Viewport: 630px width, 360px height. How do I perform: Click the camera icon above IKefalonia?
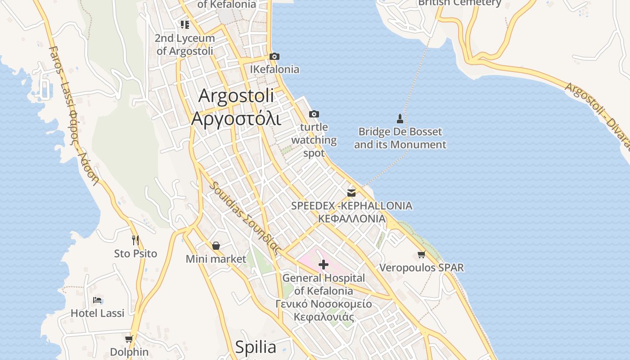coord(274,56)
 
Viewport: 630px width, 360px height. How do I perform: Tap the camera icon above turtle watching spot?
coord(314,114)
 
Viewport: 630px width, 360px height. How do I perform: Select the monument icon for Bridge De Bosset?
coord(400,119)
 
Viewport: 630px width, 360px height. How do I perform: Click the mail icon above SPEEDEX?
coord(351,193)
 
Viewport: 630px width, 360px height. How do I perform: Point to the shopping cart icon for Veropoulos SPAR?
coord(421,255)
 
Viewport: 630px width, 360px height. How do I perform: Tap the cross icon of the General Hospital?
coord(323,264)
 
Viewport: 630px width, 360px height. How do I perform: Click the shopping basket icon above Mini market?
coord(216,246)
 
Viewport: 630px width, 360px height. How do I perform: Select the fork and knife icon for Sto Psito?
coord(135,240)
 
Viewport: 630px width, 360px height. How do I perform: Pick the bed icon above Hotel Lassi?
coord(97,300)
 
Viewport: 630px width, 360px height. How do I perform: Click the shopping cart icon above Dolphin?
coord(129,339)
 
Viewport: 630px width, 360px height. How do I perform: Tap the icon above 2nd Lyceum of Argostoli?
coord(185,24)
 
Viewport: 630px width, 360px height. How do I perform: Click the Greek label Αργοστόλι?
coord(236,119)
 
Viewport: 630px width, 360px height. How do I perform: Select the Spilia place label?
coord(256,347)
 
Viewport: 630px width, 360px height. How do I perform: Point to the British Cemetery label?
coord(459,3)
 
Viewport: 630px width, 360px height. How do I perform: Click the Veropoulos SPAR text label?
coord(421,268)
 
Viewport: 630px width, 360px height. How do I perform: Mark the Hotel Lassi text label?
coord(97,313)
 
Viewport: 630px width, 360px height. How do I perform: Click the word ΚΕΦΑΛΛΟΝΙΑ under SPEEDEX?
coord(352,219)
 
